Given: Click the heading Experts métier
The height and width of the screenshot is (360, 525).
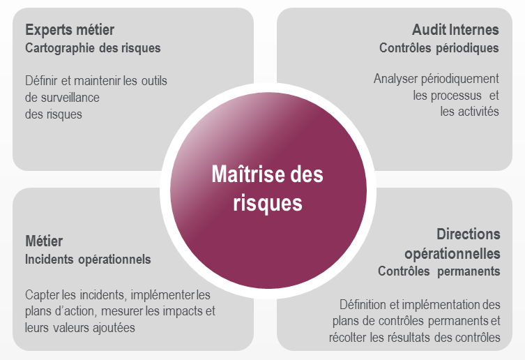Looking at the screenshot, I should coord(70,30).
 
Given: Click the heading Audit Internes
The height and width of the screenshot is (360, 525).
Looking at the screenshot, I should coord(455,30).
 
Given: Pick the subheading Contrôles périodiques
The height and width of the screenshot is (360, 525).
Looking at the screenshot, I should coord(439,48).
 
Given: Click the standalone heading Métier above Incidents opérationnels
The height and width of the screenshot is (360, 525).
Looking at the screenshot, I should coord(44,241).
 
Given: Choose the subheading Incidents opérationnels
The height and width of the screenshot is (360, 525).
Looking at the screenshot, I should coord(88,260).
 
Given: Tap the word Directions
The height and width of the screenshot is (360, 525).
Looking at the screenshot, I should coord(469,234).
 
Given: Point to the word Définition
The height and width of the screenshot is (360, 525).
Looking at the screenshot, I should coord(363,305).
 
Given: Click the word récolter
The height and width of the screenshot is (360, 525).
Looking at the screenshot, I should coord(349,338).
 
